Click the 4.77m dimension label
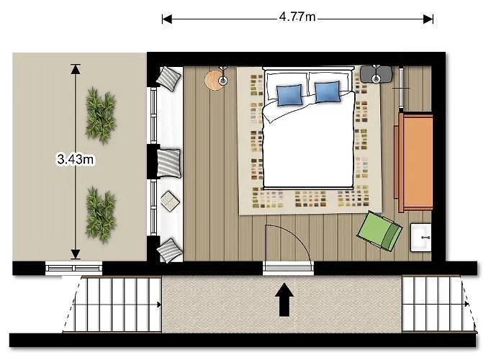click(297, 17)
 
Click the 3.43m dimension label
click(75, 160)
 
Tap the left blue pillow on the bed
click(289, 94)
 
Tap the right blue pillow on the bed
click(327, 91)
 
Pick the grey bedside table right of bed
click(375, 73)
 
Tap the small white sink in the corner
click(420, 237)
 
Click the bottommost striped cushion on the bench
click(171, 249)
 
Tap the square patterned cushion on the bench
click(169, 202)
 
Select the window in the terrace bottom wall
click(74, 269)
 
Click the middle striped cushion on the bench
click(170, 162)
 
